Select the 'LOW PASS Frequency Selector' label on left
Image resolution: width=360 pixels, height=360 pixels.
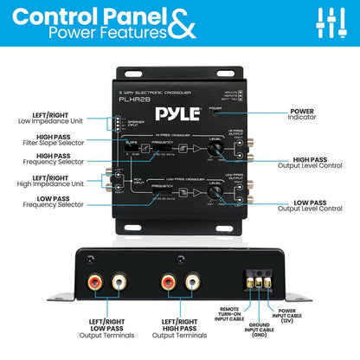click(x=60, y=206)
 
